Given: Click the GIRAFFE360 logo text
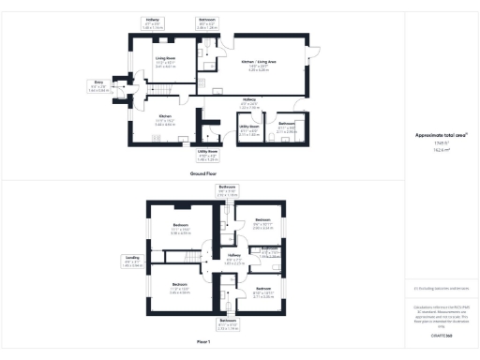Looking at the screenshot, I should click(441, 335).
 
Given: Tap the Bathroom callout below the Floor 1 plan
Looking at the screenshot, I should click(228, 325).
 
